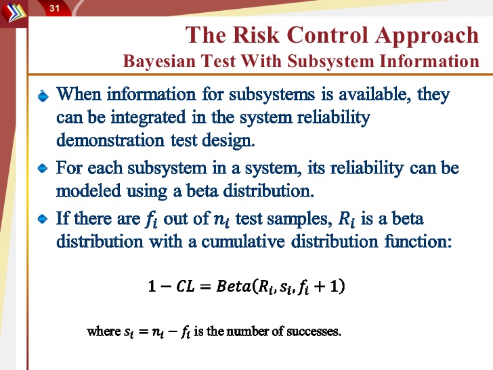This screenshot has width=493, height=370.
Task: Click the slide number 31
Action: (x=54, y=7)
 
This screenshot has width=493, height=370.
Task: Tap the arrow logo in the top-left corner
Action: (x=14, y=12)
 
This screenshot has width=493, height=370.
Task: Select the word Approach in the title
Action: (x=427, y=36)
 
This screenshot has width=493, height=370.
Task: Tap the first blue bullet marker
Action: (x=43, y=96)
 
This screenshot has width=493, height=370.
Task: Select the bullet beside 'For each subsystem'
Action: (x=43, y=168)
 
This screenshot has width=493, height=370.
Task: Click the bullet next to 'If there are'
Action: (x=43, y=219)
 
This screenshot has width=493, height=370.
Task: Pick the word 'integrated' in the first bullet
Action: (x=148, y=118)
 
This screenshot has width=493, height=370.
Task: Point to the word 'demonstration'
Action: (x=110, y=140)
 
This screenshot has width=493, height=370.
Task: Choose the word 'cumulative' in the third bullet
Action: (x=243, y=241)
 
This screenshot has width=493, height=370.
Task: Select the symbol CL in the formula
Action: (x=185, y=286)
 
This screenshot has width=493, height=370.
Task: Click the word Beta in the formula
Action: (x=234, y=286)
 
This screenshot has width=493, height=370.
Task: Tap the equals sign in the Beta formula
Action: (x=205, y=287)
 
